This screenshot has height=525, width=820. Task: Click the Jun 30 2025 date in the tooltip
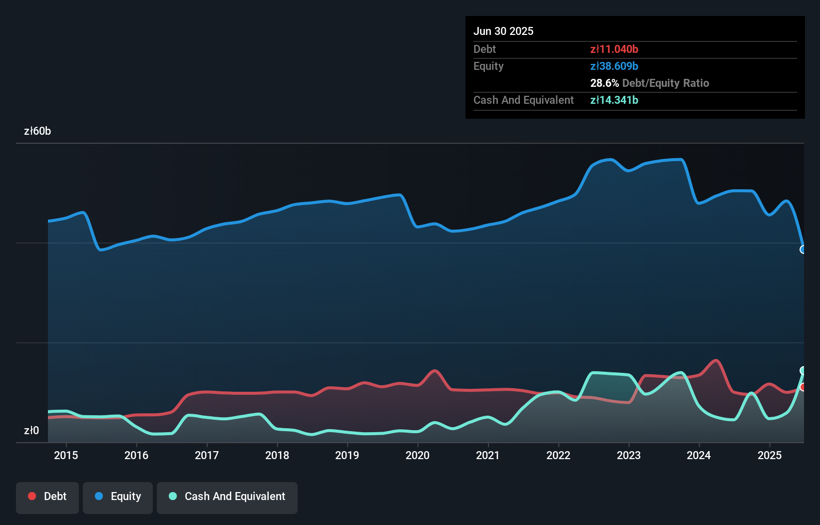click(x=503, y=31)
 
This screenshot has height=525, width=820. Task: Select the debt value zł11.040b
click(x=614, y=49)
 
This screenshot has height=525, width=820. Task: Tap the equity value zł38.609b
click(x=614, y=66)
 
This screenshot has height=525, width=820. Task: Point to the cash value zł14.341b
click(x=614, y=100)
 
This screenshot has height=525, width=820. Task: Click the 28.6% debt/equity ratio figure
click(x=604, y=83)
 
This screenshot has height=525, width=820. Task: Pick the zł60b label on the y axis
click(x=37, y=131)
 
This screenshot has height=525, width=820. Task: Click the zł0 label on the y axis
click(x=31, y=430)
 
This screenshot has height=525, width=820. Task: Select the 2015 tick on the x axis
click(x=66, y=455)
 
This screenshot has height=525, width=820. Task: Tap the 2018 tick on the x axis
click(x=277, y=455)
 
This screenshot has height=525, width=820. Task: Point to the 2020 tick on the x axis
click(x=417, y=455)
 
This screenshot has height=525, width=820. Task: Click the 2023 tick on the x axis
click(x=628, y=455)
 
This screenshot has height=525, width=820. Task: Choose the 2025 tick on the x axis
click(x=769, y=455)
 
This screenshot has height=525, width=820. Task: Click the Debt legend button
click(x=47, y=497)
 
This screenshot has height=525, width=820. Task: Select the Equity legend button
click(x=118, y=497)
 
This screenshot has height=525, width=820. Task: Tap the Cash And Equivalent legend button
click(x=227, y=497)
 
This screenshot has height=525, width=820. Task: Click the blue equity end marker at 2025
click(x=803, y=250)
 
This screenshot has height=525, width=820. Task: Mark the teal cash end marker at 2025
click(x=803, y=370)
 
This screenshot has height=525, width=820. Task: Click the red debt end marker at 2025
click(x=803, y=387)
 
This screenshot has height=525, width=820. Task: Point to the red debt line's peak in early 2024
click(x=716, y=360)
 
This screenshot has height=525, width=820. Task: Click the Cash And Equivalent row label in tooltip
click(x=523, y=100)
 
